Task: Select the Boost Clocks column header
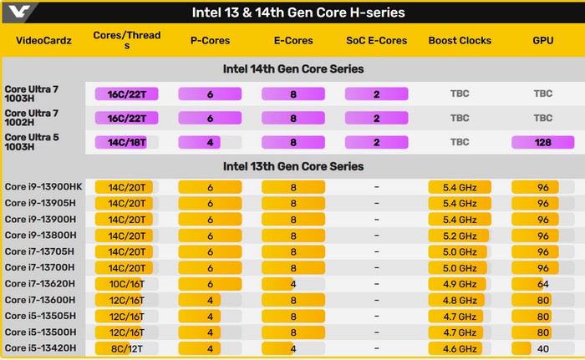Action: point(460,40)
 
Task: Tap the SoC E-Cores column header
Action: point(377,40)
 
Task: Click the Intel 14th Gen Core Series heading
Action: point(292,68)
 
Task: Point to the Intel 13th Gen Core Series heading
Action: point(292,166)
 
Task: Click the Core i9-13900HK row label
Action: point(43,186)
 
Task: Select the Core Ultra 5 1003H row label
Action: point(33,141)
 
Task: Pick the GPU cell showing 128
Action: point(543,142)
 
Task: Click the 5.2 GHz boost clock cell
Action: point(460,235)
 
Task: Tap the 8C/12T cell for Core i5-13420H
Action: point(125,348)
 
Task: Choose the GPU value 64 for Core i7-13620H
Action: point(543,284)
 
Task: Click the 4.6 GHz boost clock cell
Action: point(460,348)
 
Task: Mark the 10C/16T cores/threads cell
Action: point(125,284)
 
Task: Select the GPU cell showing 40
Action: point(543,348)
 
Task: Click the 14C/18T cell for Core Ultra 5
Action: point(125,142)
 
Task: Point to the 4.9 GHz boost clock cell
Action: point(460,284)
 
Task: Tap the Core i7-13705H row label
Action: point(40,251)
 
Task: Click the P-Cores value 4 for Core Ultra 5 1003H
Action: point(210,142)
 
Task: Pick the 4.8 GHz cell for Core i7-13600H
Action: point(460,300)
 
